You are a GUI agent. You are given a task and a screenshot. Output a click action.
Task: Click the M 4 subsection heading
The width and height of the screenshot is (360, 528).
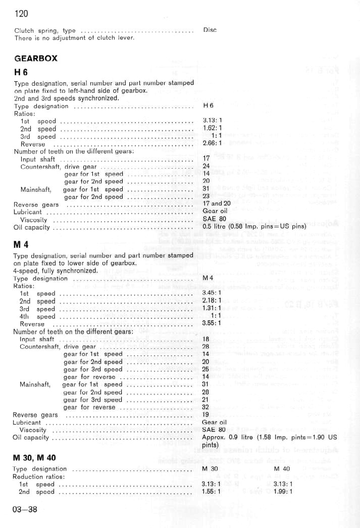[x=24, y=245]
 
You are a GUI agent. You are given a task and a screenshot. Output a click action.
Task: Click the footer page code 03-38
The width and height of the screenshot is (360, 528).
[x=25, y=509]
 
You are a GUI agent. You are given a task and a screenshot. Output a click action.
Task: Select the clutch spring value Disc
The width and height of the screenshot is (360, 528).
[x=210, y=29]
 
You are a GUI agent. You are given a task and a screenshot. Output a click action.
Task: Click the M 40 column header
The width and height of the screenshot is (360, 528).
[x=282, y=469]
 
